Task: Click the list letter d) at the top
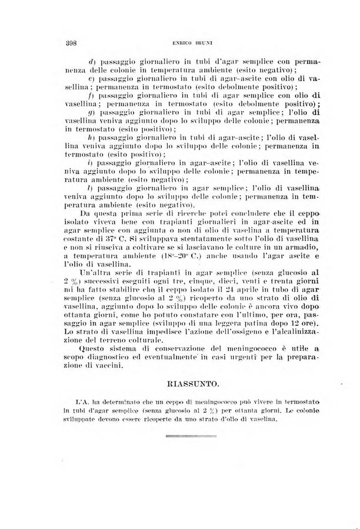(92, 61)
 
